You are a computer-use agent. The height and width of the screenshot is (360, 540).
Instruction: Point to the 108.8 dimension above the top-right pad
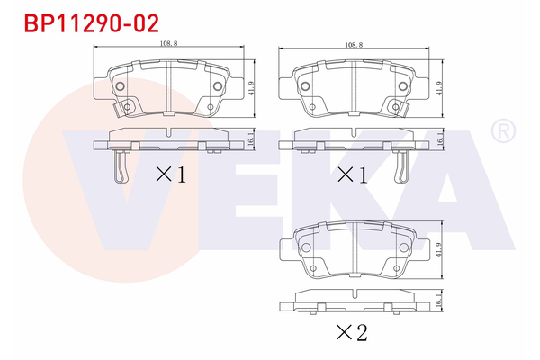click(355, 44)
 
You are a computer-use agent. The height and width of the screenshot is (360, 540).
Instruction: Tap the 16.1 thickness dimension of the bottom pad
click(438, 305)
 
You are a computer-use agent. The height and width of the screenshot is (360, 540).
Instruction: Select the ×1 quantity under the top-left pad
click(171, 174)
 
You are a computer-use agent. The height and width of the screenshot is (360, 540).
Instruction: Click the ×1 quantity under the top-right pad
click(353, 174)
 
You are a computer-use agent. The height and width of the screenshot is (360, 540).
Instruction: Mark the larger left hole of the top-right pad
click(304, 86)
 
